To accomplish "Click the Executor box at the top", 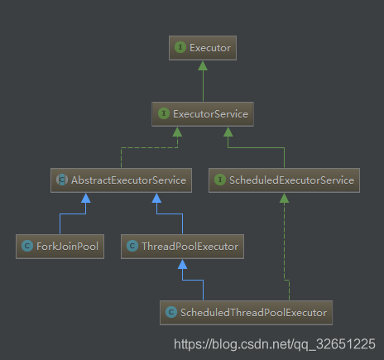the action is click(x=203, y=48).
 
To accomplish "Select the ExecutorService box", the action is click(x=203, y=114).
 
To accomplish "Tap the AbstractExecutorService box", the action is click(x=121, y=180).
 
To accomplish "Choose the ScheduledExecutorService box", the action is click(x=284, y=180).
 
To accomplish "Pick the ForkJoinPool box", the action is click(x=60, y=247).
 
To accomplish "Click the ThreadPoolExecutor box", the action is click(x=182, y=247).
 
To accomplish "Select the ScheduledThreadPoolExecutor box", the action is click(x=246, y=313).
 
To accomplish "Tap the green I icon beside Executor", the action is click(x=180, y=47).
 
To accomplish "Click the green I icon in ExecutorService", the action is click(x=164, y=113).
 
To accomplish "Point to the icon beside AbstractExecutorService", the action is click(x=62, y=180).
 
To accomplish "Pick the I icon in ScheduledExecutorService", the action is click(x=220, y=180).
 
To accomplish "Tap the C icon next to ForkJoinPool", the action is click(x=27, y=246).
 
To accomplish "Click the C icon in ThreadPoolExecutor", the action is click(x=132, y=246).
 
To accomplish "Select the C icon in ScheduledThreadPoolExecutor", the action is click(x=171, y=312).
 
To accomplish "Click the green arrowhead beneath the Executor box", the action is click(x=203, y=65).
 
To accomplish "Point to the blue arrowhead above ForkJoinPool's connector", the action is click(x=86, y=198).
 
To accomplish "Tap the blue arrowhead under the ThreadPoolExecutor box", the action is click(x=182, y=264).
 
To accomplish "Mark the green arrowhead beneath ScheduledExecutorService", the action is click(x=284, y=198).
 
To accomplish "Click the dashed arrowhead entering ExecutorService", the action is click(x=177, y=132).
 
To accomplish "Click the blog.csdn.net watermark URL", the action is click(x=275, y=344).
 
